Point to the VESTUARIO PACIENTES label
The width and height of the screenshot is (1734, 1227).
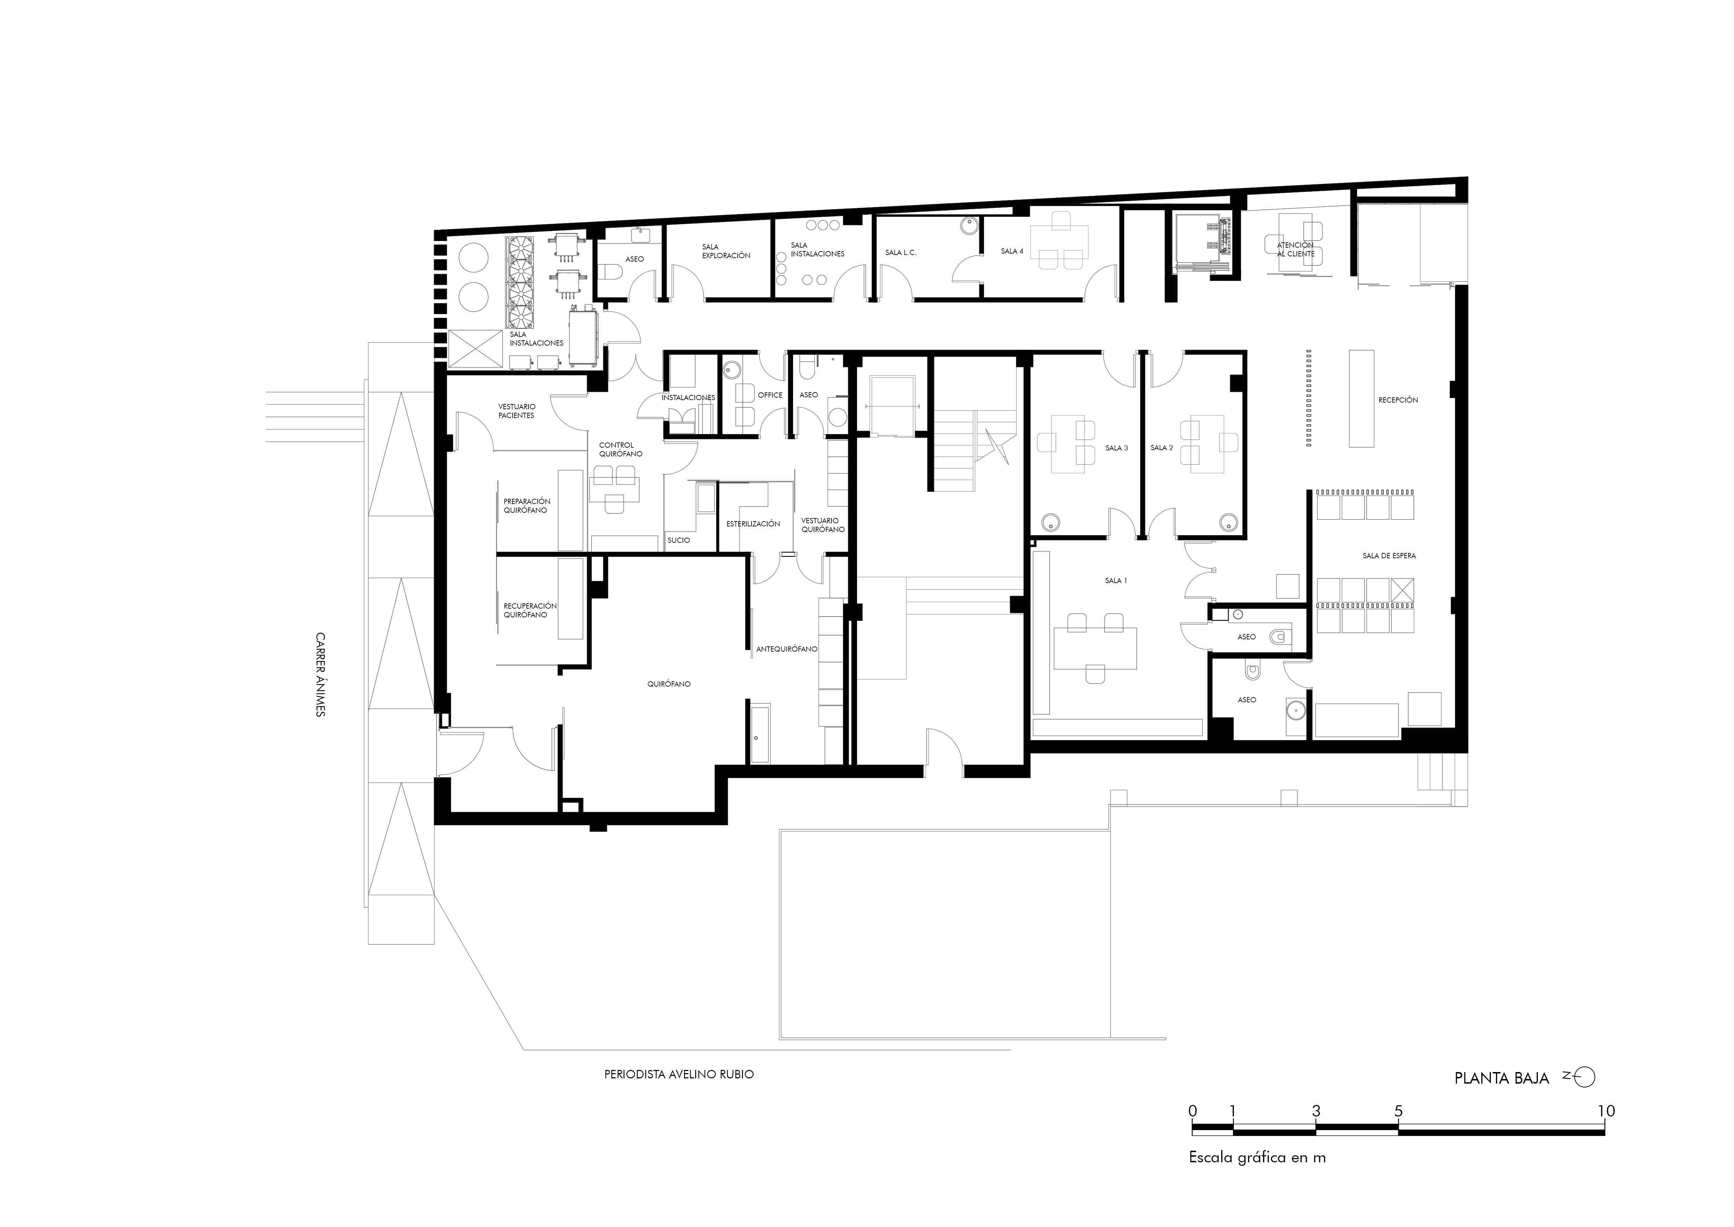click(x=517, y=411)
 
